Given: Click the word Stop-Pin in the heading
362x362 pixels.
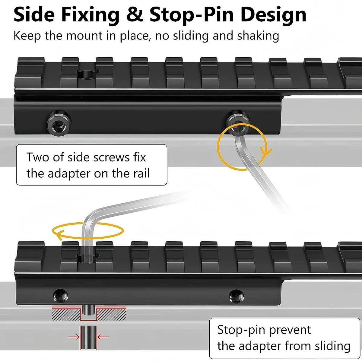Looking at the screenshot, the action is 192,15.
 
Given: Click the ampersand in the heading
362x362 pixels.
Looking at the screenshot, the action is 135,15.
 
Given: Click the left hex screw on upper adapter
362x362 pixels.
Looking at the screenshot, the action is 59,123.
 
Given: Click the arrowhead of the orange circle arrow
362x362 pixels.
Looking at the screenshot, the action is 266,152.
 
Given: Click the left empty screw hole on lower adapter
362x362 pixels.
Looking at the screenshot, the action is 61,296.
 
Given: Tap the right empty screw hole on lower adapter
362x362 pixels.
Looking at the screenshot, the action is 237,296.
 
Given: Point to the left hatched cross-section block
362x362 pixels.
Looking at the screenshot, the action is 66,315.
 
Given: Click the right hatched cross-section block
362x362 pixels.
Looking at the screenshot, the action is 111,315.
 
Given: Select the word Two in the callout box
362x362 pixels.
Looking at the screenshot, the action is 38,157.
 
